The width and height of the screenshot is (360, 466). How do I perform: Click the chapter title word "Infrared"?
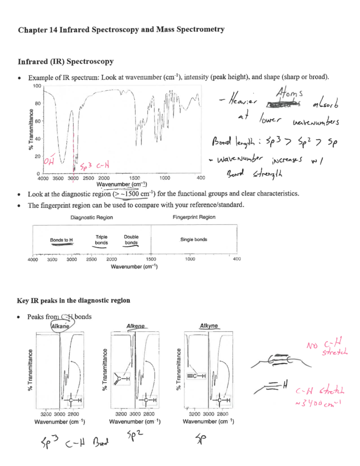tap(74, 30)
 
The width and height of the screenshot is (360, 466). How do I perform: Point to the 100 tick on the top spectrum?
tap(37, 86)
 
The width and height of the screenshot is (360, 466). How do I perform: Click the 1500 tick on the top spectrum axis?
tap(134, 178)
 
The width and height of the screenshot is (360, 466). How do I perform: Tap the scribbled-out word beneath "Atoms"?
tap(283, 104)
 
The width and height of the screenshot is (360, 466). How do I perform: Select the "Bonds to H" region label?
tap(61, 240)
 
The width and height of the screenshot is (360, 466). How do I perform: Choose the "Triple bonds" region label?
tap(101, 240)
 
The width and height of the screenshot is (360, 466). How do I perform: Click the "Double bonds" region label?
tap(131, 240)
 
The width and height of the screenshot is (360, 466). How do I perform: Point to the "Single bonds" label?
tap(193, 239)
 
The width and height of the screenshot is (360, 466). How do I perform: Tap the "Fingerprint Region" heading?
tap(194, 217)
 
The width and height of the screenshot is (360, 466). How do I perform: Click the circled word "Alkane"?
tap(60, 326)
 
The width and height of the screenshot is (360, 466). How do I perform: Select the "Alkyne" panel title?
tap(209, 326)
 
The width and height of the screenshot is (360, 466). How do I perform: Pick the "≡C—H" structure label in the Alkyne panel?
tap(196, 376)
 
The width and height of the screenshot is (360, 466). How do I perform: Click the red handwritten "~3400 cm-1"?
tap(318, 403)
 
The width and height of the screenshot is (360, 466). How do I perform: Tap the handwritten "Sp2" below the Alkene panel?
tap(135, 434)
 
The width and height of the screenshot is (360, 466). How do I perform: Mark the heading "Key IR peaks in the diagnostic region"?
tap(73, 300)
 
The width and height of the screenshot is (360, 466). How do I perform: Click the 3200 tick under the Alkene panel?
tap(121, 414)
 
